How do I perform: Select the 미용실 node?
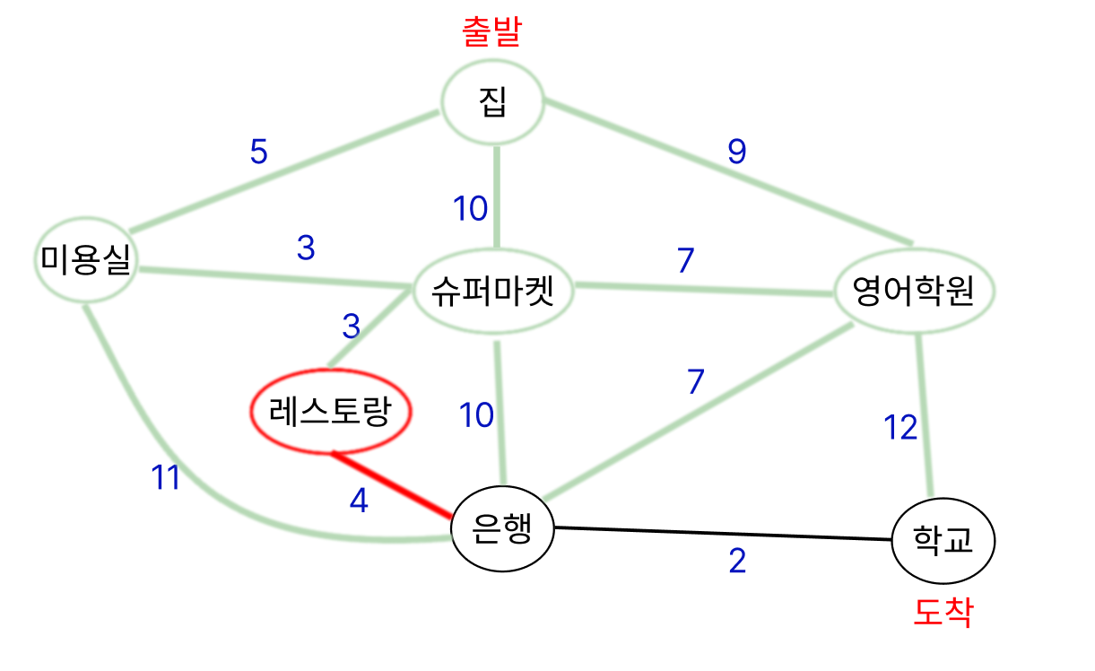pos(85,263)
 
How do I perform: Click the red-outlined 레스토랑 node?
pos(329,412)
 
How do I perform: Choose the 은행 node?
pos(502,529)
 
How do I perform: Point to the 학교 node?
pos(943,540)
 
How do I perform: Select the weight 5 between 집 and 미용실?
pos(258,152)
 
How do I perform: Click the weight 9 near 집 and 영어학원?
pos(736,152)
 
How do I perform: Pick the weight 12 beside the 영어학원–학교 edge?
pos(899,429)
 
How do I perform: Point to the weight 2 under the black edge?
pos(737,562)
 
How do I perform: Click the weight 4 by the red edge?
pos(359,501)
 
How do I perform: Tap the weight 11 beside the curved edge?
pos(165,479)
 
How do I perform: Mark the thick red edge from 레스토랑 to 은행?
pos(392,485)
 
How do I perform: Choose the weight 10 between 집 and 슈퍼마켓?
pos(470,209)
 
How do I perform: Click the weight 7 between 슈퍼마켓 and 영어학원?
pos(685,260)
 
